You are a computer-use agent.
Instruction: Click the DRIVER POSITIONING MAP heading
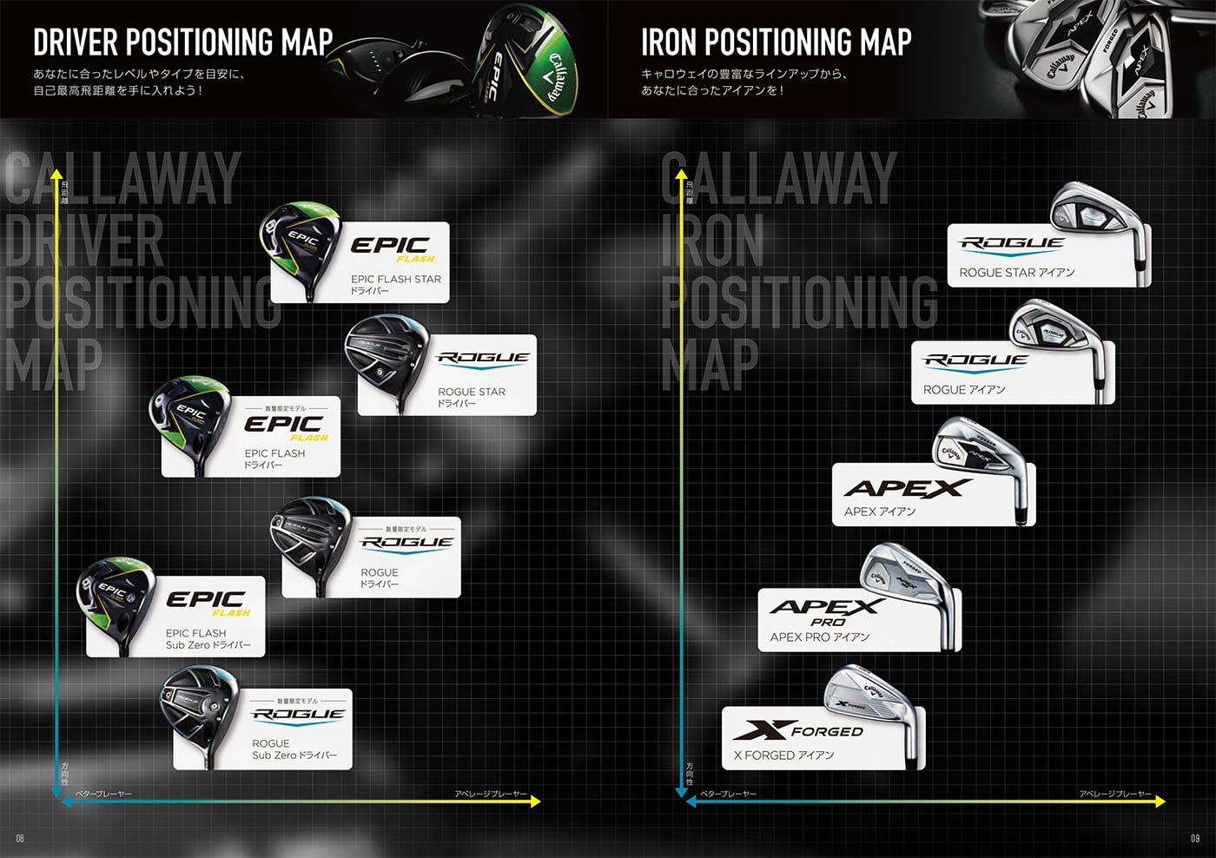pos(182,42)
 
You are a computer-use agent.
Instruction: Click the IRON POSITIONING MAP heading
pos(776,42)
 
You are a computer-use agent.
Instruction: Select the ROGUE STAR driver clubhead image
pos(386,353)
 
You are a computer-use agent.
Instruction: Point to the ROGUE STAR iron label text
pos(1016,273)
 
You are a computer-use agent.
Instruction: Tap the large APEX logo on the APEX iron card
pos(903,489)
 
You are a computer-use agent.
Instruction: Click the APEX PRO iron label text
pos(819,637)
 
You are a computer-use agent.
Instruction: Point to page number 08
pos(20,838)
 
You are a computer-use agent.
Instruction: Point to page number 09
pos(1195,838)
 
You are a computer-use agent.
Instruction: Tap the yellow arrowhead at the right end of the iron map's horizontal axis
pos(1160,802)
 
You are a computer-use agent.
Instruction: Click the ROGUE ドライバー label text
pos(380,577)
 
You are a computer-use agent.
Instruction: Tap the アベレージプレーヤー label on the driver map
pos(491,794)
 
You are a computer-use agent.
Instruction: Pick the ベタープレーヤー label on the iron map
pos(728,794)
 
